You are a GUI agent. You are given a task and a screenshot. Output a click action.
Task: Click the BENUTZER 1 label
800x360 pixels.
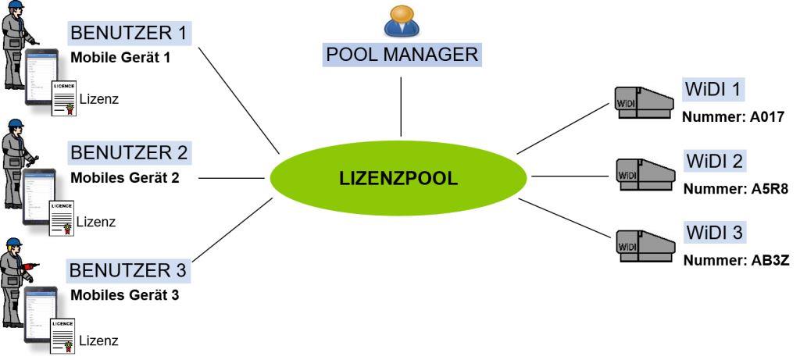129,33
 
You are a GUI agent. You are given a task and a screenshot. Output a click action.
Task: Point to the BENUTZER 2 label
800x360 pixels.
129,151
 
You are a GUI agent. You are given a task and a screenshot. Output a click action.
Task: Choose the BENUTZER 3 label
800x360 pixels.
129,270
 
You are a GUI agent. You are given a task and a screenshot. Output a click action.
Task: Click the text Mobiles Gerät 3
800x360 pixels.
125,296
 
